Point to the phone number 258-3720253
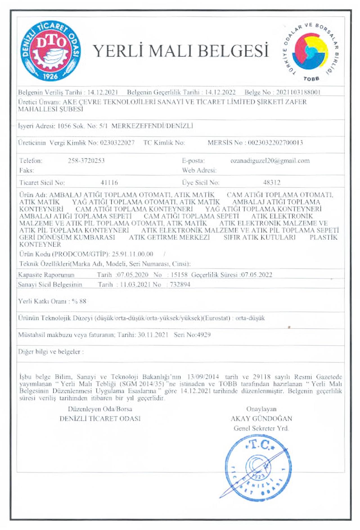point(86,161)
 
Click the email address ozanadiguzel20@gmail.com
point(270,161)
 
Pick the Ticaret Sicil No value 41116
point(109,183)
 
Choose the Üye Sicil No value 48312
point(272,183)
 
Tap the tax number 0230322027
point(117,143)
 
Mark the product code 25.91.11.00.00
point(132,254)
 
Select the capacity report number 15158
point(179,275)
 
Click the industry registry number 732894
point(180,284)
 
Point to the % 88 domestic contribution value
point(79,301)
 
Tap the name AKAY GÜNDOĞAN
point(261,418)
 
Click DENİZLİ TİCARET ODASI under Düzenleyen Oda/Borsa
point(100,418)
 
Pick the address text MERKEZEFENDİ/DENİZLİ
point(152,126)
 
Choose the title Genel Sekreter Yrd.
point(261,428)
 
